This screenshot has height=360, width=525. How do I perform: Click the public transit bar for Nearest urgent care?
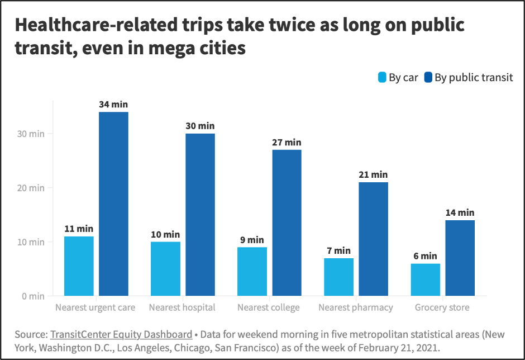pyautogui.click(x=113, y=204)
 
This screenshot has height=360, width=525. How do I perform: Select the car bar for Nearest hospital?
pyautogui.click(x=165, y=268)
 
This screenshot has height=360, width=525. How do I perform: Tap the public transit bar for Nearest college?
pyautogui.click(x=287, y=222)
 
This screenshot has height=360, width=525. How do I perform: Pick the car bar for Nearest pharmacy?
pyautogui.click(x=338, y=277)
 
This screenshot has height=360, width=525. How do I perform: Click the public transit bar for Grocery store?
pyautogui.click(x=460, y=258)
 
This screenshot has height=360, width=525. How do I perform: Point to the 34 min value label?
pyautogui.click(x=113, y=104)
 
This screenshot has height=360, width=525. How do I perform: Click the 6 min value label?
pyautogui.click(x=425, y=255)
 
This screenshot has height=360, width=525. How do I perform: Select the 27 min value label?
pyautogui.click(x=287, y=142)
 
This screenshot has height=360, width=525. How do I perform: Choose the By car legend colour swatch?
pyautogui.click(x=382, y=78)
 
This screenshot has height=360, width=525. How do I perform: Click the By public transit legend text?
pyautogui.click(x=474, y=78)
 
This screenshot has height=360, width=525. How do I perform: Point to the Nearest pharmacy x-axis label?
pyautogui.click(x=356, y=307)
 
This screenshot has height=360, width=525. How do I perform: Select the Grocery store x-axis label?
pyautogui.click(x=442, y=307)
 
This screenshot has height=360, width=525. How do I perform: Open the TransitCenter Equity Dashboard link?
pyautogui.click(x=121, y=334)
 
